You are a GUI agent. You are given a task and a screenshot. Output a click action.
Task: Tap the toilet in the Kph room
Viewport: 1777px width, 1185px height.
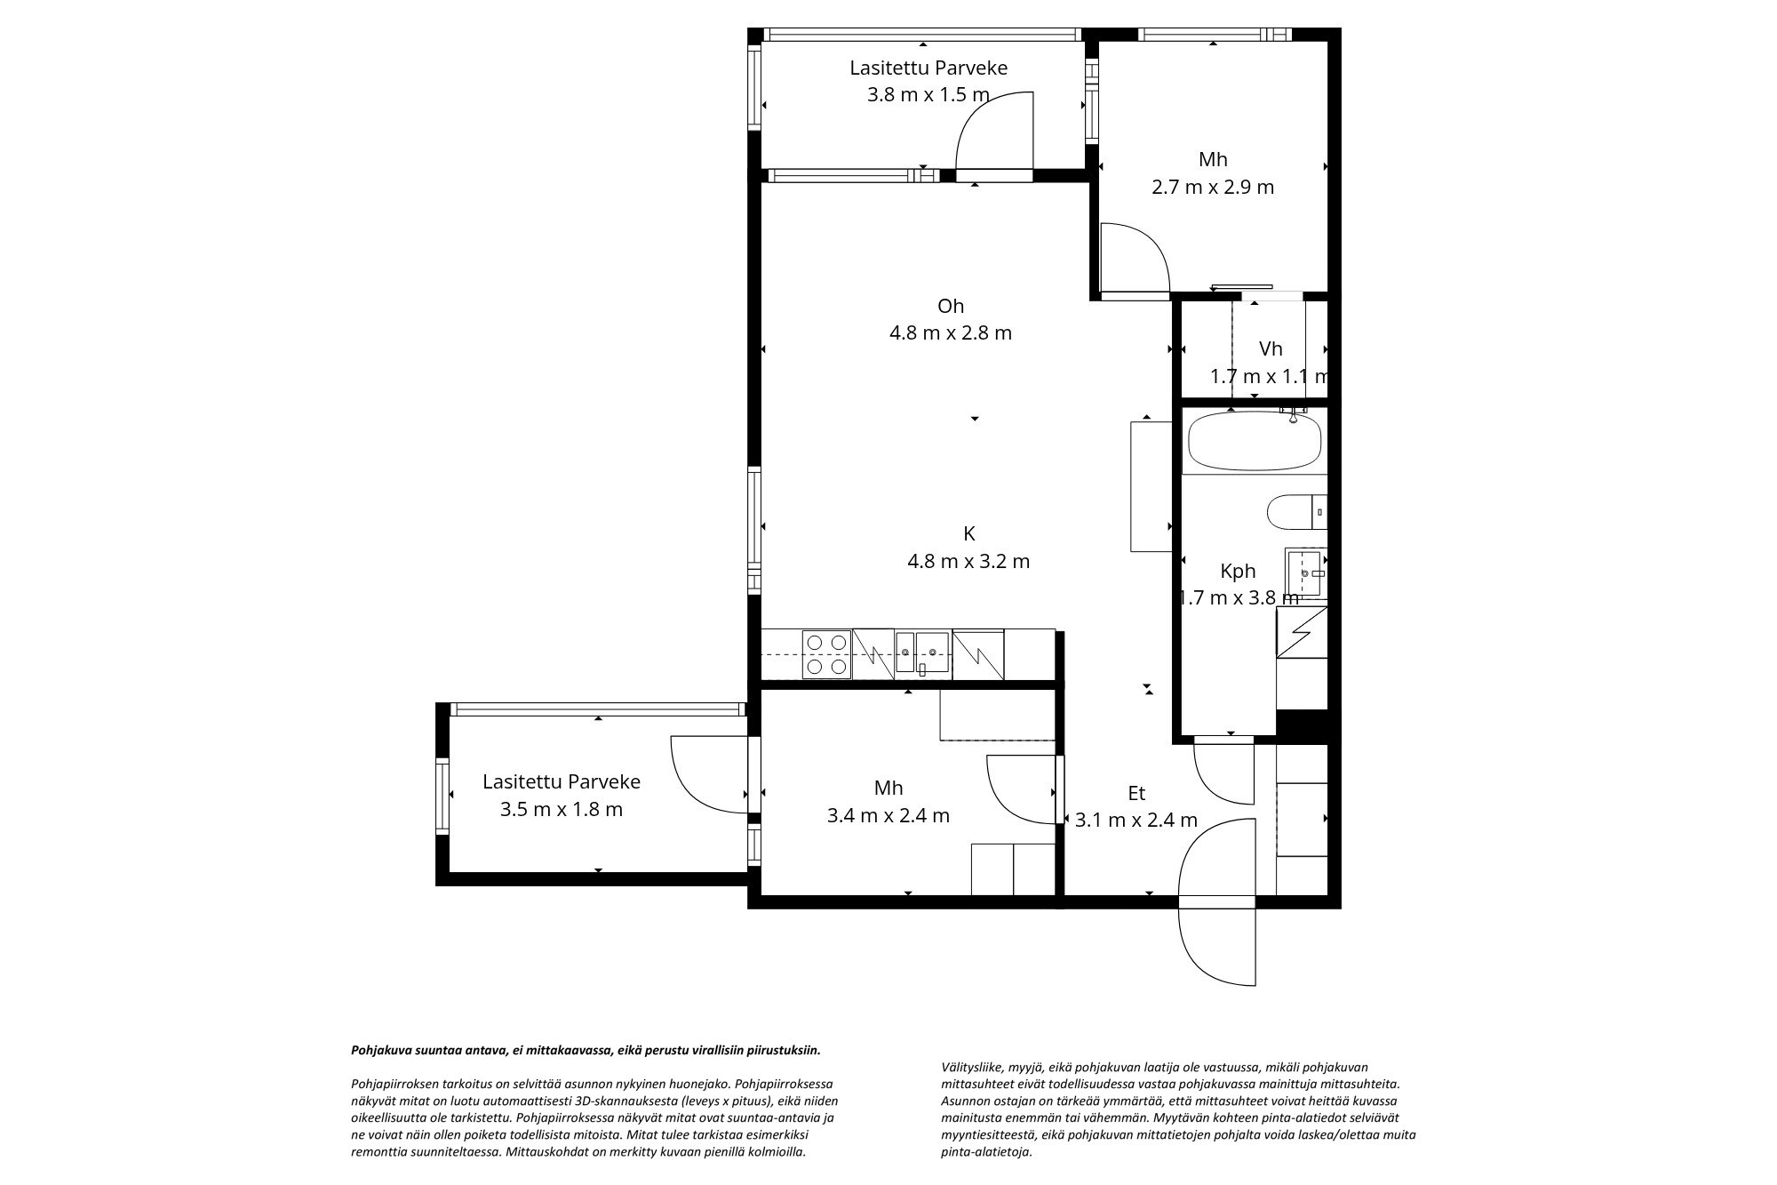point(1296,512)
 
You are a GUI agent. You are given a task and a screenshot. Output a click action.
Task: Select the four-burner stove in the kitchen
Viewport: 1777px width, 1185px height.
point(826,654)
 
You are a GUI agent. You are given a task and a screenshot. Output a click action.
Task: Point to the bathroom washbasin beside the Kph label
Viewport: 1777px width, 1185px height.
point(1305,574)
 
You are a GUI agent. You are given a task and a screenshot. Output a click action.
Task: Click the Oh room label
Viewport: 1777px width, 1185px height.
point(951,306)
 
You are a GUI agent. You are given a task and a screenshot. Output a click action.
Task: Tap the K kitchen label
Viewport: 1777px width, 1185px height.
point(969,533)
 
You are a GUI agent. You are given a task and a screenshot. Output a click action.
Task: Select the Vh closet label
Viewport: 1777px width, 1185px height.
point(1271,348)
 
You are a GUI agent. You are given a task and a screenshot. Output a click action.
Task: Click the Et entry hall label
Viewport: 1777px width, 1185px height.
point(1136,793)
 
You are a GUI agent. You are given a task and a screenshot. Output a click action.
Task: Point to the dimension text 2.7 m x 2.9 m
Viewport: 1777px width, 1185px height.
point(1213,187)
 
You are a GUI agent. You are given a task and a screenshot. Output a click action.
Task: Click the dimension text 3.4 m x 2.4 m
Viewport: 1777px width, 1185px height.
point(888,815)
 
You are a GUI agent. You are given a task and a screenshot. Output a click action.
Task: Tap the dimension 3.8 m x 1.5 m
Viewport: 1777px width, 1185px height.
point(928,94)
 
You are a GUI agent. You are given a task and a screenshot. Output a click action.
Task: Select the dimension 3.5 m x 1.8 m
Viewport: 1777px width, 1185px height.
point(562,809)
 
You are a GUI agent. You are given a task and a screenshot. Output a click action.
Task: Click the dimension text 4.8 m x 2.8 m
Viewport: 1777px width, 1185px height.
point(951,333)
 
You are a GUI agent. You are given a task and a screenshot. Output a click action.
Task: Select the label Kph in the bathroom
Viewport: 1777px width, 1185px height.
point(1238,571)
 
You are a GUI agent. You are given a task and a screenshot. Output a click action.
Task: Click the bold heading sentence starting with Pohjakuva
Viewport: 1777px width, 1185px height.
point(586,1050)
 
